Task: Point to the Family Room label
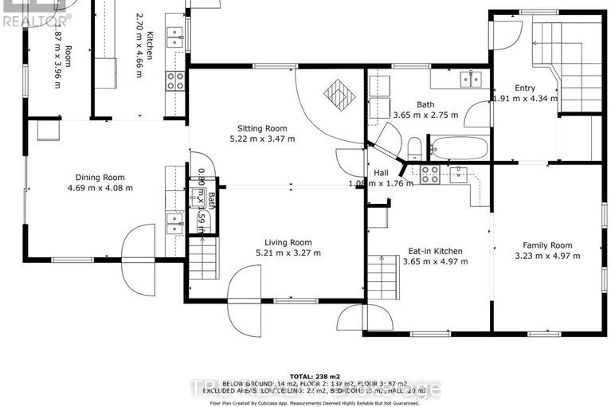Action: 547,245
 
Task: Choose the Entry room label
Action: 524,88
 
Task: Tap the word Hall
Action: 382,173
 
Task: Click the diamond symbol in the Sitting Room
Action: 339,96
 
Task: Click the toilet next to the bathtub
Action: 414,148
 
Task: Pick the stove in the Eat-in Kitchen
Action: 430,173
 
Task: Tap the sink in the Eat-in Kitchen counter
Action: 459,173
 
